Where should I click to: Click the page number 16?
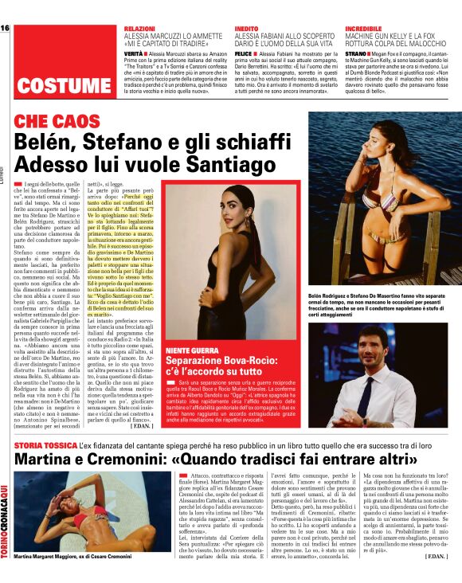5,29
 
